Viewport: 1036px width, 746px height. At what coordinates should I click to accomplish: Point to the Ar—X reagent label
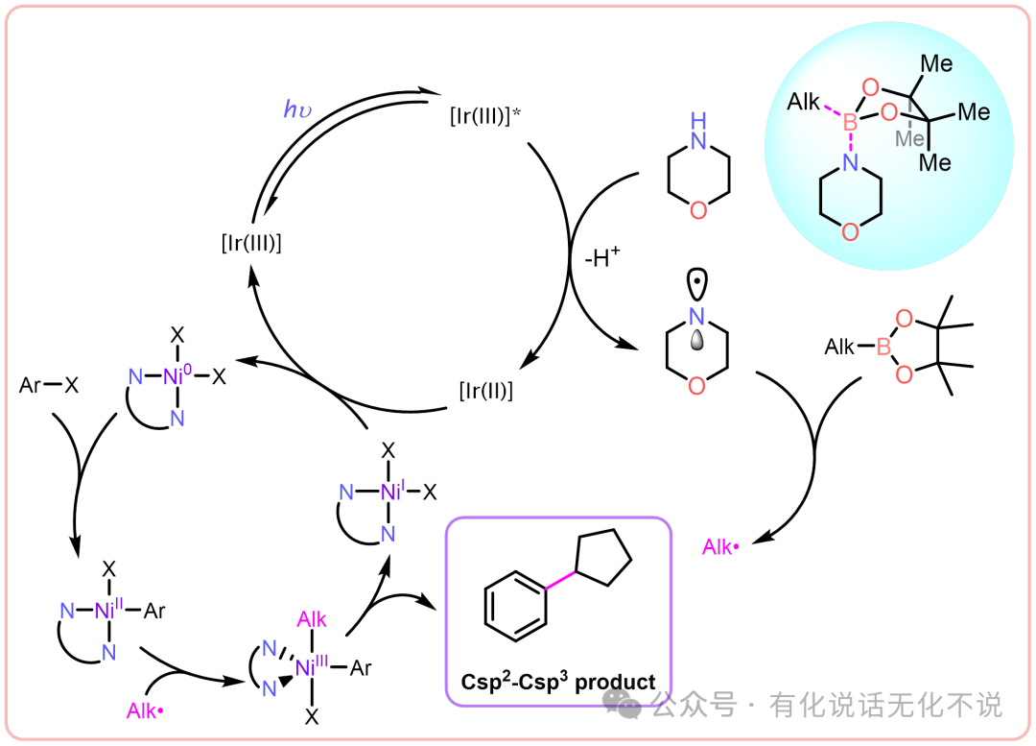pos(49,385)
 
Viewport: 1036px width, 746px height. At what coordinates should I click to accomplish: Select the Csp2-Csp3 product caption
pos(556,683)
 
